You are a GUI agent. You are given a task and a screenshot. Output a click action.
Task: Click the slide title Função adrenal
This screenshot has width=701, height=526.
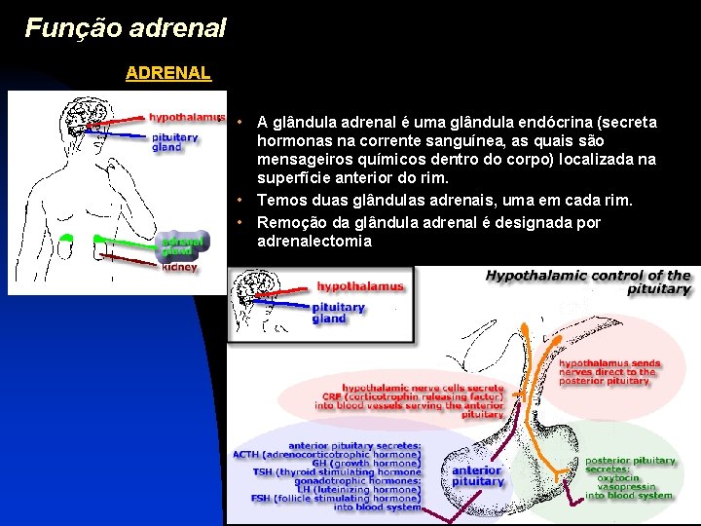(126, 27)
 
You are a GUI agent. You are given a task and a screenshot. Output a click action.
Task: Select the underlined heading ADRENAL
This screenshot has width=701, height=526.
(167, 73)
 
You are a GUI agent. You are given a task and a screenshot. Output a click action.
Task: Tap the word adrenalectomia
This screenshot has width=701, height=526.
(314, 241)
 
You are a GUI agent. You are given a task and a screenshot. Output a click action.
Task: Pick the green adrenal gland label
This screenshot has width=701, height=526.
(182, 244)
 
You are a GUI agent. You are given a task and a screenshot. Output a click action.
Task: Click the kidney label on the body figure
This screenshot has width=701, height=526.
(179, 266)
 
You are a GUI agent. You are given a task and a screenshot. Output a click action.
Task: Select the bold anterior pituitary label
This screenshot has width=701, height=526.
(478, 476)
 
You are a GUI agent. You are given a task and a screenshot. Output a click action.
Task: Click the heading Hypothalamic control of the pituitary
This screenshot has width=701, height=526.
(588, 282)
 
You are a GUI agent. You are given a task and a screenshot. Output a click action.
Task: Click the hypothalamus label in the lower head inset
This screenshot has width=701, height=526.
(359, 286)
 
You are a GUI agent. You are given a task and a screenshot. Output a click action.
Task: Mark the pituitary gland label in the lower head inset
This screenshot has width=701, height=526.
(338, 313)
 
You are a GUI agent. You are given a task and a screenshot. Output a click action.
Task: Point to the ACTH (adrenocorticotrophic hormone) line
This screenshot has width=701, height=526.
(327, 454)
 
